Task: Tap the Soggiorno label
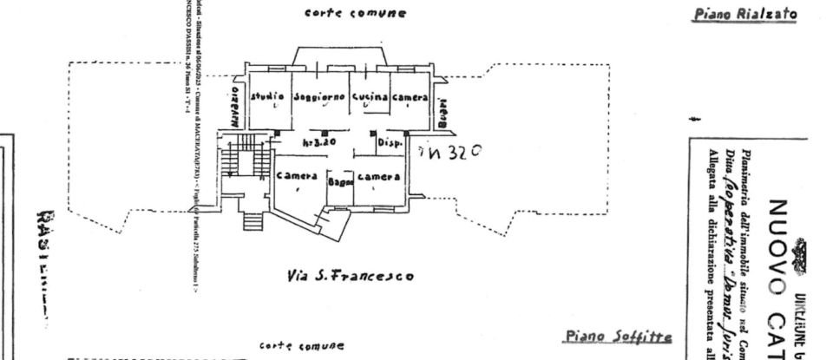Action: coord(318,97)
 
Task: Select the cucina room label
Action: coord(369,97)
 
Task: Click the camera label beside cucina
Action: coord(410,97)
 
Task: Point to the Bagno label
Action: coord(338,182)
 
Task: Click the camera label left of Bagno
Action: coord(296,175)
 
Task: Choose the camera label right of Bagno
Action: coord(378,177)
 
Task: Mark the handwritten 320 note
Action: coord(449,151)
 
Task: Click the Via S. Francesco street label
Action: coord(349,276)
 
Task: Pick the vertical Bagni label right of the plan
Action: coord(443,111)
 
